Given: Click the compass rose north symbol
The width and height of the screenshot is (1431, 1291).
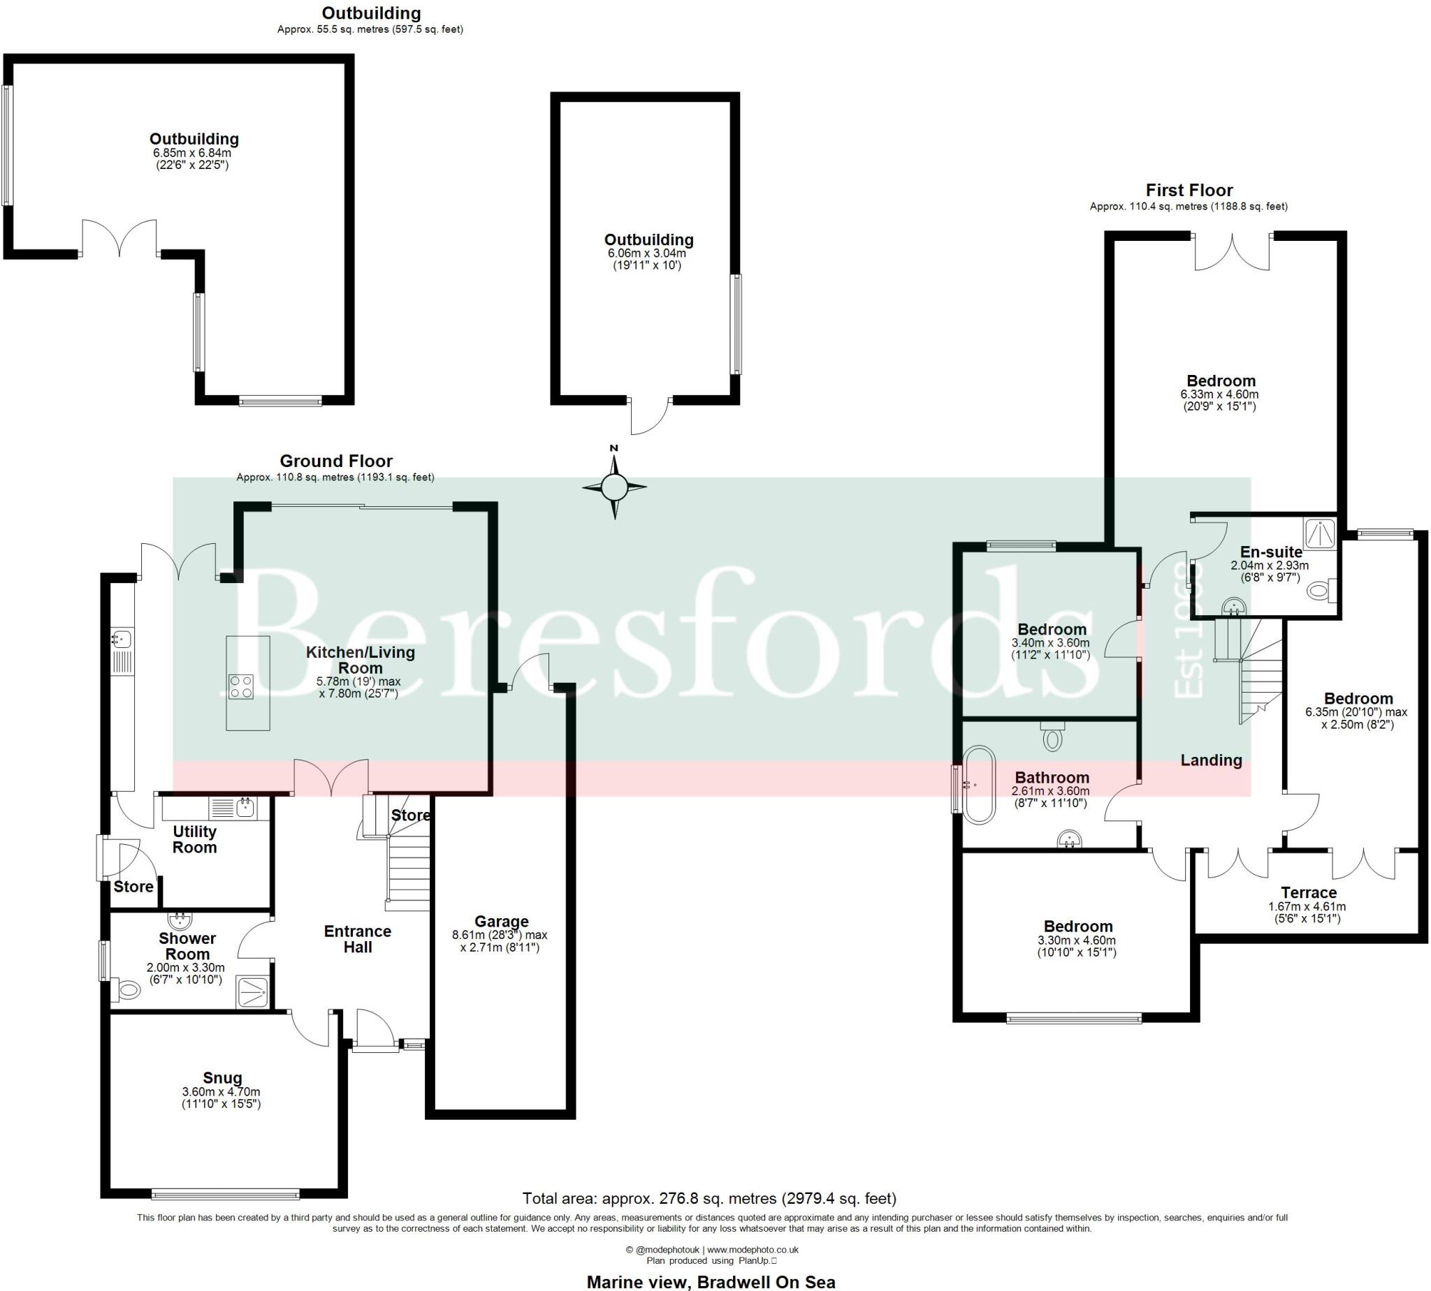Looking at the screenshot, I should click(614, 487).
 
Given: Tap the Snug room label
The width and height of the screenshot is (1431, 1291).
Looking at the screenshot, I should click(222, 1078).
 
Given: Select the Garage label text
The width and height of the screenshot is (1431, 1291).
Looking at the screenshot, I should click(501, 922).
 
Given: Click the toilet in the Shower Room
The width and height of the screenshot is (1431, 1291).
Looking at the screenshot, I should click(129, 989).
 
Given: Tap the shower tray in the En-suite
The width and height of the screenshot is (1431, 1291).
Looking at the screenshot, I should click(1320, 533).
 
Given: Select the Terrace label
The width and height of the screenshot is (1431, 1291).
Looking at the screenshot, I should click(1308, 893).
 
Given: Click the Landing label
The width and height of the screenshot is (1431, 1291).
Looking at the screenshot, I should click(1211, 760).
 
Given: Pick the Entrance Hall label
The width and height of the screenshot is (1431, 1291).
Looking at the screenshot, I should click(358, 939).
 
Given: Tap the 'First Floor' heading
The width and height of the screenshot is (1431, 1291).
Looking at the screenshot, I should click(1189, 190).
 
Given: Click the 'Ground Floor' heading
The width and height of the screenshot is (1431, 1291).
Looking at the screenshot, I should click(336, 461).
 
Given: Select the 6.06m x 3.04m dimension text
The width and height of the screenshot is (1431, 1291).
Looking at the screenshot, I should click(646, 253).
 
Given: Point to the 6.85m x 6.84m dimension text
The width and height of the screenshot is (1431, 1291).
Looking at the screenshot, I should click(192, 152).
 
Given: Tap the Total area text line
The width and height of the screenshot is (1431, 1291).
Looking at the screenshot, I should click(709, 1199).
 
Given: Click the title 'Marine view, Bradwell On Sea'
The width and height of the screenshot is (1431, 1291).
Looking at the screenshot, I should click(711, 1282).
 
